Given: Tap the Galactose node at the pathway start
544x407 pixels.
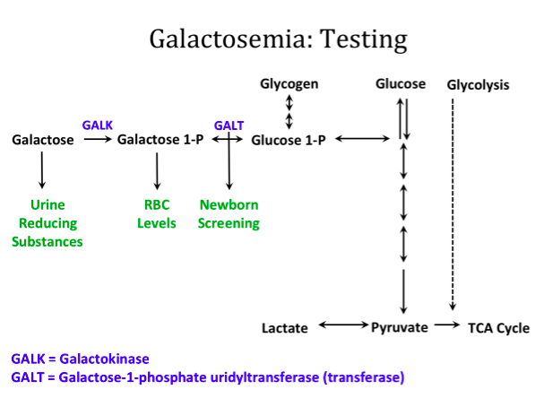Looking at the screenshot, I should point(41,140).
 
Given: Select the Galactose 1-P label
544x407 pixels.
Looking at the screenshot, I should point(157,140).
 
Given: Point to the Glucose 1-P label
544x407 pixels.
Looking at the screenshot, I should point(289,140).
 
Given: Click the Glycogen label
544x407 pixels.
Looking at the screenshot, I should point(289,84).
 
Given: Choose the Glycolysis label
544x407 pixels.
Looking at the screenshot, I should point(478,85).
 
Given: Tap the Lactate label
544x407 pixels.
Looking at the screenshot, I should point(285,328).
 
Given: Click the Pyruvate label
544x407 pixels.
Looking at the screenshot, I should point(399,328).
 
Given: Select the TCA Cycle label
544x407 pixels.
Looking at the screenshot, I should point(498,328).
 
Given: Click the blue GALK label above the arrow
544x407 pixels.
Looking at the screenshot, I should point(98,125).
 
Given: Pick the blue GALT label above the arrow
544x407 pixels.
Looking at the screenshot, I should point(229,125).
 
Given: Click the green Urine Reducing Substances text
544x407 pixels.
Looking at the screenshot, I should point(47,223).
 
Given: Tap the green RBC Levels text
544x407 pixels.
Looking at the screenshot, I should point(157,213).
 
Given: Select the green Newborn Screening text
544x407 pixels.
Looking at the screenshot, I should point(229,213).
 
